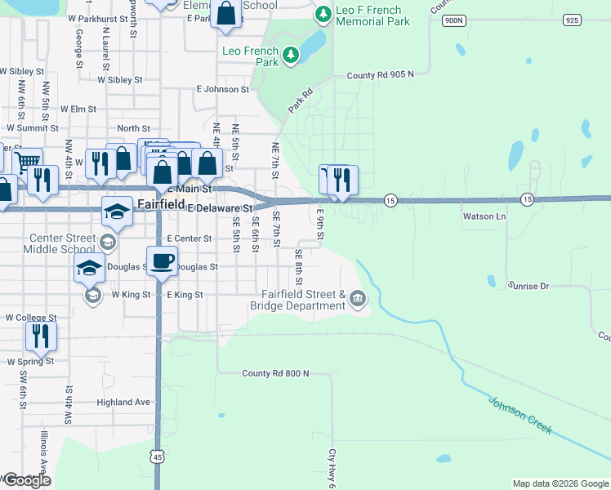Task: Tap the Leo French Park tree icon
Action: pyautogui.click(x=291, y=56)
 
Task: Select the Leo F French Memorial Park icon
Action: pyautogui.click(x=323, y=14)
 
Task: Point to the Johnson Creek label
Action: pyautogui.click(x=521, y=415)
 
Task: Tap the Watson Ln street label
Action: pyautogui.click(x=485, y=216)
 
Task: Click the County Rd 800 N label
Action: pyautogui.click(x=276, y=373)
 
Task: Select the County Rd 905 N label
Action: pyautogui.click(x=380, y=75)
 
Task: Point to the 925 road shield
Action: pyautogui.click(x=571, y=20)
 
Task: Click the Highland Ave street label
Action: pyautogui.click(x=123, y=402)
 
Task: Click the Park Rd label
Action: pyautogui.click(x=301, y=102)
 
